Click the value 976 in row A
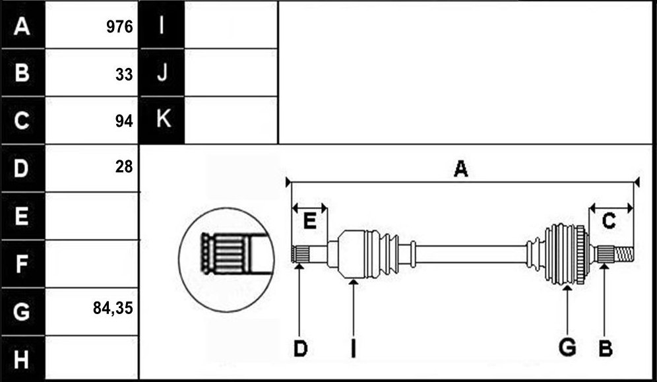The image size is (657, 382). [119, 27]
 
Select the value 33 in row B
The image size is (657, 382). [124, 75]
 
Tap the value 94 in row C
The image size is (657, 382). [124, 121]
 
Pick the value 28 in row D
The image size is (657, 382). [124, 167]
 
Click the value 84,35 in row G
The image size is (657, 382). [113, 309]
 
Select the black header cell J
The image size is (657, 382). [162, 73]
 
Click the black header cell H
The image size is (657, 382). [22, 359]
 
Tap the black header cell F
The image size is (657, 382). [22, 264]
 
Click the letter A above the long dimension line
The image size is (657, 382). [460, 170]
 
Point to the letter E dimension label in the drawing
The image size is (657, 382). [309, 221]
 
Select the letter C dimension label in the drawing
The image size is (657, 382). [609, 221]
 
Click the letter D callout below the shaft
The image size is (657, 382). [300, 348]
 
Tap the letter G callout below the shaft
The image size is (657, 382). [567, 348]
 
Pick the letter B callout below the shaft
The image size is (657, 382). [606, 348]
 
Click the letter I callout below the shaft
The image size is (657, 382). [353, 348]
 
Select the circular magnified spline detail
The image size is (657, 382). [227, 260]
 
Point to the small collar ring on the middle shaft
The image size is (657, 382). [413, 254]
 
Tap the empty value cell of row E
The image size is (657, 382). [91, 216]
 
